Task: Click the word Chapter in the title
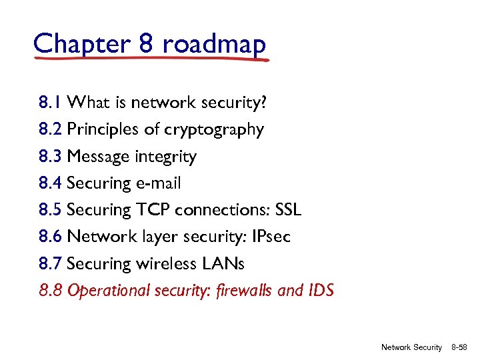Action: coord(81,44)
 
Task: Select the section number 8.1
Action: coord(51,103)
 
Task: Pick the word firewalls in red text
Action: coord(246,291)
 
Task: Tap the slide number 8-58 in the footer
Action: coord(461,347)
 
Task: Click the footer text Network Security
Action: coord(411,347)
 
